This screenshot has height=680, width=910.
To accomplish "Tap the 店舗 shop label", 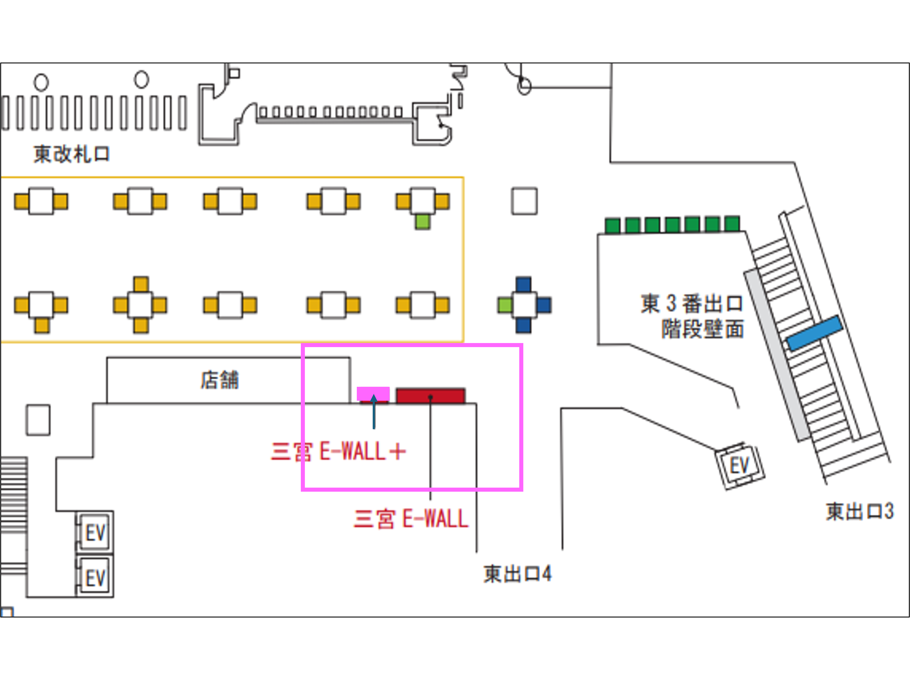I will pyautogui.click(x=220, y=380).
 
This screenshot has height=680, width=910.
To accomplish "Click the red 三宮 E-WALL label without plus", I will pyautogui.click(x=410, y=519).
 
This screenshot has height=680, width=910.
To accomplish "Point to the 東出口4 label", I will pyautogui.click(x=517, y=574).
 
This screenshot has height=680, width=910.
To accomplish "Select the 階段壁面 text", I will pyautogui.click(x=702, y=329).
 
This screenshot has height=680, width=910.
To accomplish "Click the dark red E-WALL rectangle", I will pyautogui.click(x=430, y=395).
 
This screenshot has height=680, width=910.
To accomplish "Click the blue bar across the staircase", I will pyautogui.click(x=814, y=333).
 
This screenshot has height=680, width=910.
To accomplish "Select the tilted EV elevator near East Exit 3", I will pyautogui.click(x=740, y=466).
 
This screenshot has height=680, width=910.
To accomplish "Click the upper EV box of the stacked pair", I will pyautogui.click(x=95, y=533).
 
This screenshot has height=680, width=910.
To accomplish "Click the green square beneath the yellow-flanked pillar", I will pyautogui.click(x=422, y=222).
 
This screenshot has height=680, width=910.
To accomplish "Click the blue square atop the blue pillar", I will pyautogui.click(x=523, y=284).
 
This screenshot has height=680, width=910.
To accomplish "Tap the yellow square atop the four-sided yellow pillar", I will pyautogui.click(x=141, y=284).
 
